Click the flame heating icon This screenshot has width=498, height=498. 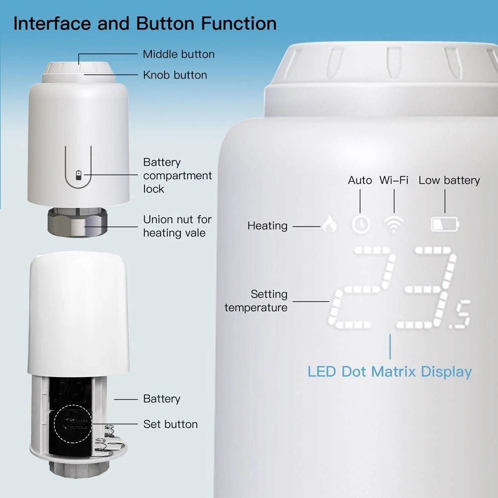click(330, 224)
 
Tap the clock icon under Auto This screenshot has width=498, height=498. click(361, 224)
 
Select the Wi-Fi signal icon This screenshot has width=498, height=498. click(394, 224)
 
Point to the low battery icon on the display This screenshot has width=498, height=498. click(445, 224)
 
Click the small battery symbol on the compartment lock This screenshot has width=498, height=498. click(79, 175)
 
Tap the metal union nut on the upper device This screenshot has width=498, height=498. click(78, 222)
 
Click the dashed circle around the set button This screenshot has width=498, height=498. click(73, 424)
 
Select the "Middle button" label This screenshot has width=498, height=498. click(178, 54)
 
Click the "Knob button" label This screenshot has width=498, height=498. click(175, 75)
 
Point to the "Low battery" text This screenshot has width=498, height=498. click(449, 180)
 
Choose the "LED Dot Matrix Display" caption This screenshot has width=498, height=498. click(389, 372)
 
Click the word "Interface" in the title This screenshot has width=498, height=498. click(52, 23)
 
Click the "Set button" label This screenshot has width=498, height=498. click(170, 424)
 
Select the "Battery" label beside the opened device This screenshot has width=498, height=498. click(162, 398)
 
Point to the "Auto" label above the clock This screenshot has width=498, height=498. click(360, 180)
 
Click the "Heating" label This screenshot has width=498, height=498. click(267, 226)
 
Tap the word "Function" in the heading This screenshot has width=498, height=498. click(239, 23)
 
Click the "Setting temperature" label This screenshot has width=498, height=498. click(256, 300)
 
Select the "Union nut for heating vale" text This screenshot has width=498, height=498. click(177, 226)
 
